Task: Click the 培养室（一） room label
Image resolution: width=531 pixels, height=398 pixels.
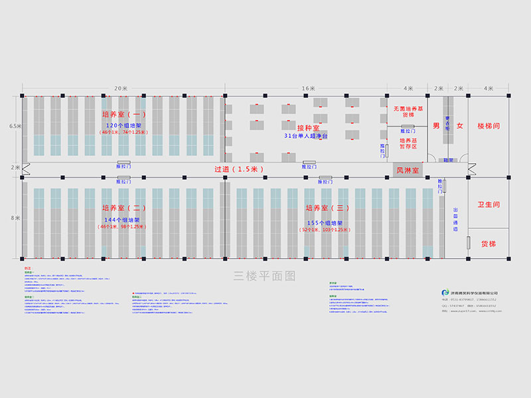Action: [124, 114]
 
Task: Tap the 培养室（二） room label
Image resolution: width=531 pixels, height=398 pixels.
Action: [124, 208]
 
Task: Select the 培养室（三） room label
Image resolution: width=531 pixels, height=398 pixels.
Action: [327, 208]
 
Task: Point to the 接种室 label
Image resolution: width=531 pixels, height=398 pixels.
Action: [308, 127]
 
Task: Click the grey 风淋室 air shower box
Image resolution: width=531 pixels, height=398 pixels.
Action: [408, 170]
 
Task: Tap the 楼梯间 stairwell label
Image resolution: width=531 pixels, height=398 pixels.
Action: [488, 125]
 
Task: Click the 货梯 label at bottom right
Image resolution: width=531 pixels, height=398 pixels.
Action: [488, 243]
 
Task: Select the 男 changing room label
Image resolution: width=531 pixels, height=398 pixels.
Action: [436, 125]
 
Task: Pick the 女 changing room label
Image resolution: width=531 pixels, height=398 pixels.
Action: [459, 125]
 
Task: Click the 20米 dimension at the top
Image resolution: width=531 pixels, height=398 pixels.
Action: [121, 88]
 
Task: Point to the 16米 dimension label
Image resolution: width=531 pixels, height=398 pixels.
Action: [309, 88]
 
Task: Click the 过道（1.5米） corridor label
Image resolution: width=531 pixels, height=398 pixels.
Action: [239, 169]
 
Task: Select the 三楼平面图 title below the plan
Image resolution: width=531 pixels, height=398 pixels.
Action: [264, 275]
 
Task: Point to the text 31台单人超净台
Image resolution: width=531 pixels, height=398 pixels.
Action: [308, 136]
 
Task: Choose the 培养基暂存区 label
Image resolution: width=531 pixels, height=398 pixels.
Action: [408, 144]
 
